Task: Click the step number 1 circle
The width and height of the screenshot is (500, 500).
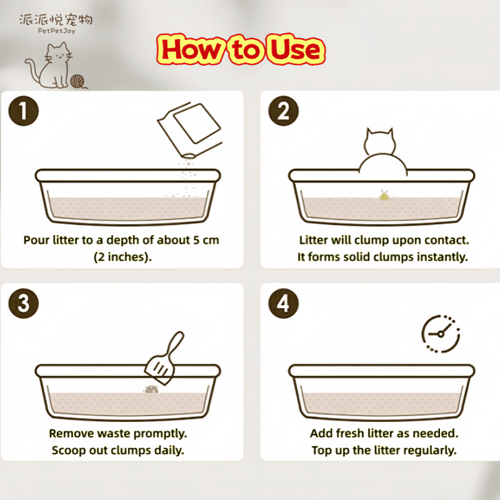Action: (x=23, y=111)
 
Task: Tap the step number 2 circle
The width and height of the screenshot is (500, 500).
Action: (x=283, y=111)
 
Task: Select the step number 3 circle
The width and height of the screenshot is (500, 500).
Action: (x=23, y=303)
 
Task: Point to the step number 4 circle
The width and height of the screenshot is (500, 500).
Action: (x=283, y=303)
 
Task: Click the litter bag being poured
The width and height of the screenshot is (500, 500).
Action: (x=190, y=129)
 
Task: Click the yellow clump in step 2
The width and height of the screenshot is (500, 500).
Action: (x=384, y=196)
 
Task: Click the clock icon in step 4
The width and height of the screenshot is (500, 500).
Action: (x=441, y=334)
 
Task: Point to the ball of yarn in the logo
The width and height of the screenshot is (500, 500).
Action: (x=77, y=81)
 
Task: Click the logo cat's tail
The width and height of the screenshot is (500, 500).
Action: (x=32, y=71)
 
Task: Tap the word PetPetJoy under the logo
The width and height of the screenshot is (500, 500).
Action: (x=56, y=31)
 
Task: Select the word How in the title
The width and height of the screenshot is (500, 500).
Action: (x=191, y=49)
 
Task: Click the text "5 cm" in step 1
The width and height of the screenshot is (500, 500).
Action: (x=206, y=240)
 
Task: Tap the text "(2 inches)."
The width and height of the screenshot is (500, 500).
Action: (x=122, y=257)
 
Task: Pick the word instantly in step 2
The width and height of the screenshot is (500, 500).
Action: (x=442, y=257)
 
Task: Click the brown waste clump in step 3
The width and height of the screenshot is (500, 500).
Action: (x=151, y=389)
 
